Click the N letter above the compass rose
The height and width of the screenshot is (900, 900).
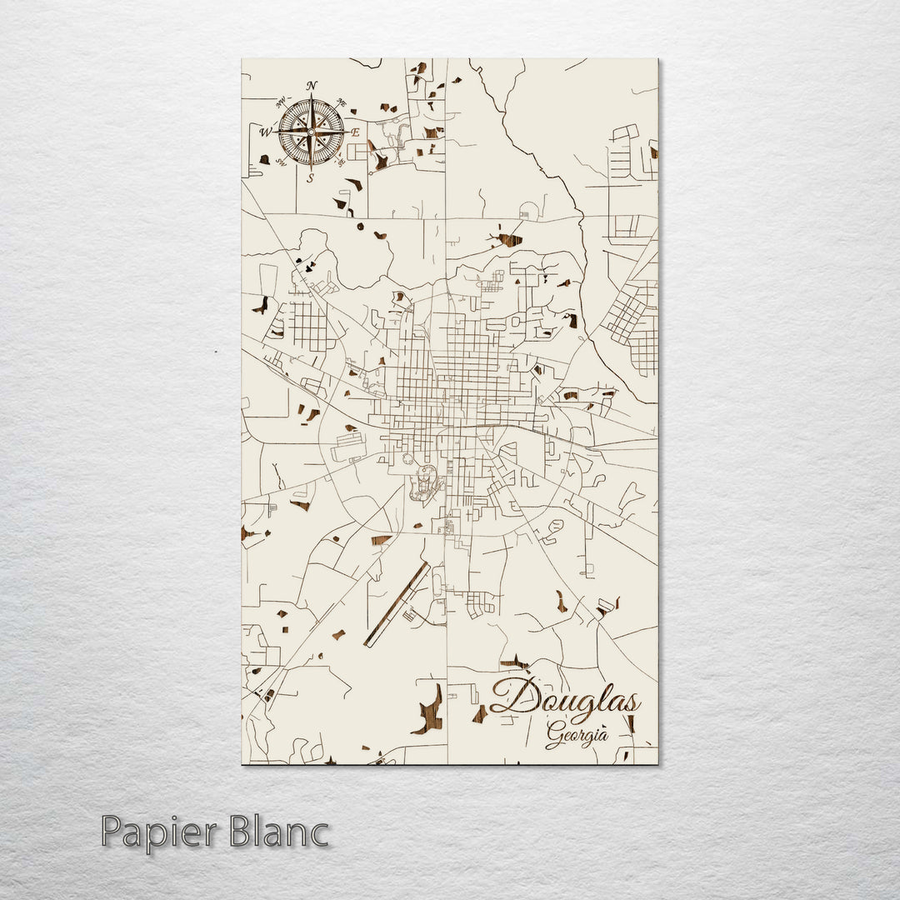pos(312,86)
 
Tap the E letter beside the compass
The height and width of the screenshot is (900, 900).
pos(354,132)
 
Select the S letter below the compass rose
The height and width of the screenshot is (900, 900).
pos(311,177)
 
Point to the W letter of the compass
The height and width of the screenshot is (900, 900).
pos(266,132)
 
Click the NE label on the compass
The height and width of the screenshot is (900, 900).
pos(341,102)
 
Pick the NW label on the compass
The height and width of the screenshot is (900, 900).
pos(280,102)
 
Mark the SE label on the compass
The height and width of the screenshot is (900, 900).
pos(342,162)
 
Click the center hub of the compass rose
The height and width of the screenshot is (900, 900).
pos(311,132)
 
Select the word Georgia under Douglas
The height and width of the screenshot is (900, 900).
pos(577,734)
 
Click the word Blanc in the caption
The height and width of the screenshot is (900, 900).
pos(282,833)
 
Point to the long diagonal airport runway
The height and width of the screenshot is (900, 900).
pos(397,604)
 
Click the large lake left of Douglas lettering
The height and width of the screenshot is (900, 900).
pos(428,710)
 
